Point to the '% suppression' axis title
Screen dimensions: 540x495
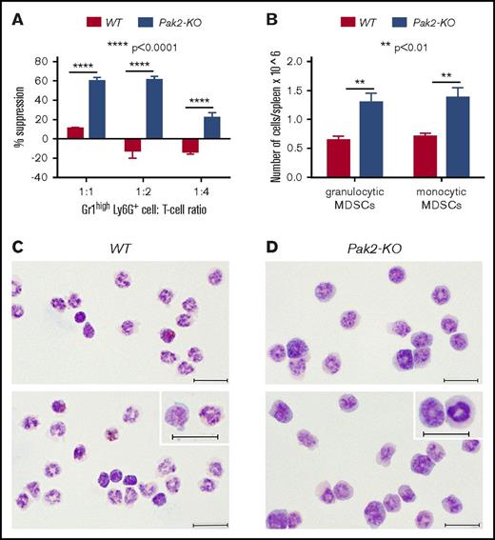[x=19, y=119]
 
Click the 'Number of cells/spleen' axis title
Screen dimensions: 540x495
[x=279, y=118]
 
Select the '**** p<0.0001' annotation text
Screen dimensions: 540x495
[x=143, y=45]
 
